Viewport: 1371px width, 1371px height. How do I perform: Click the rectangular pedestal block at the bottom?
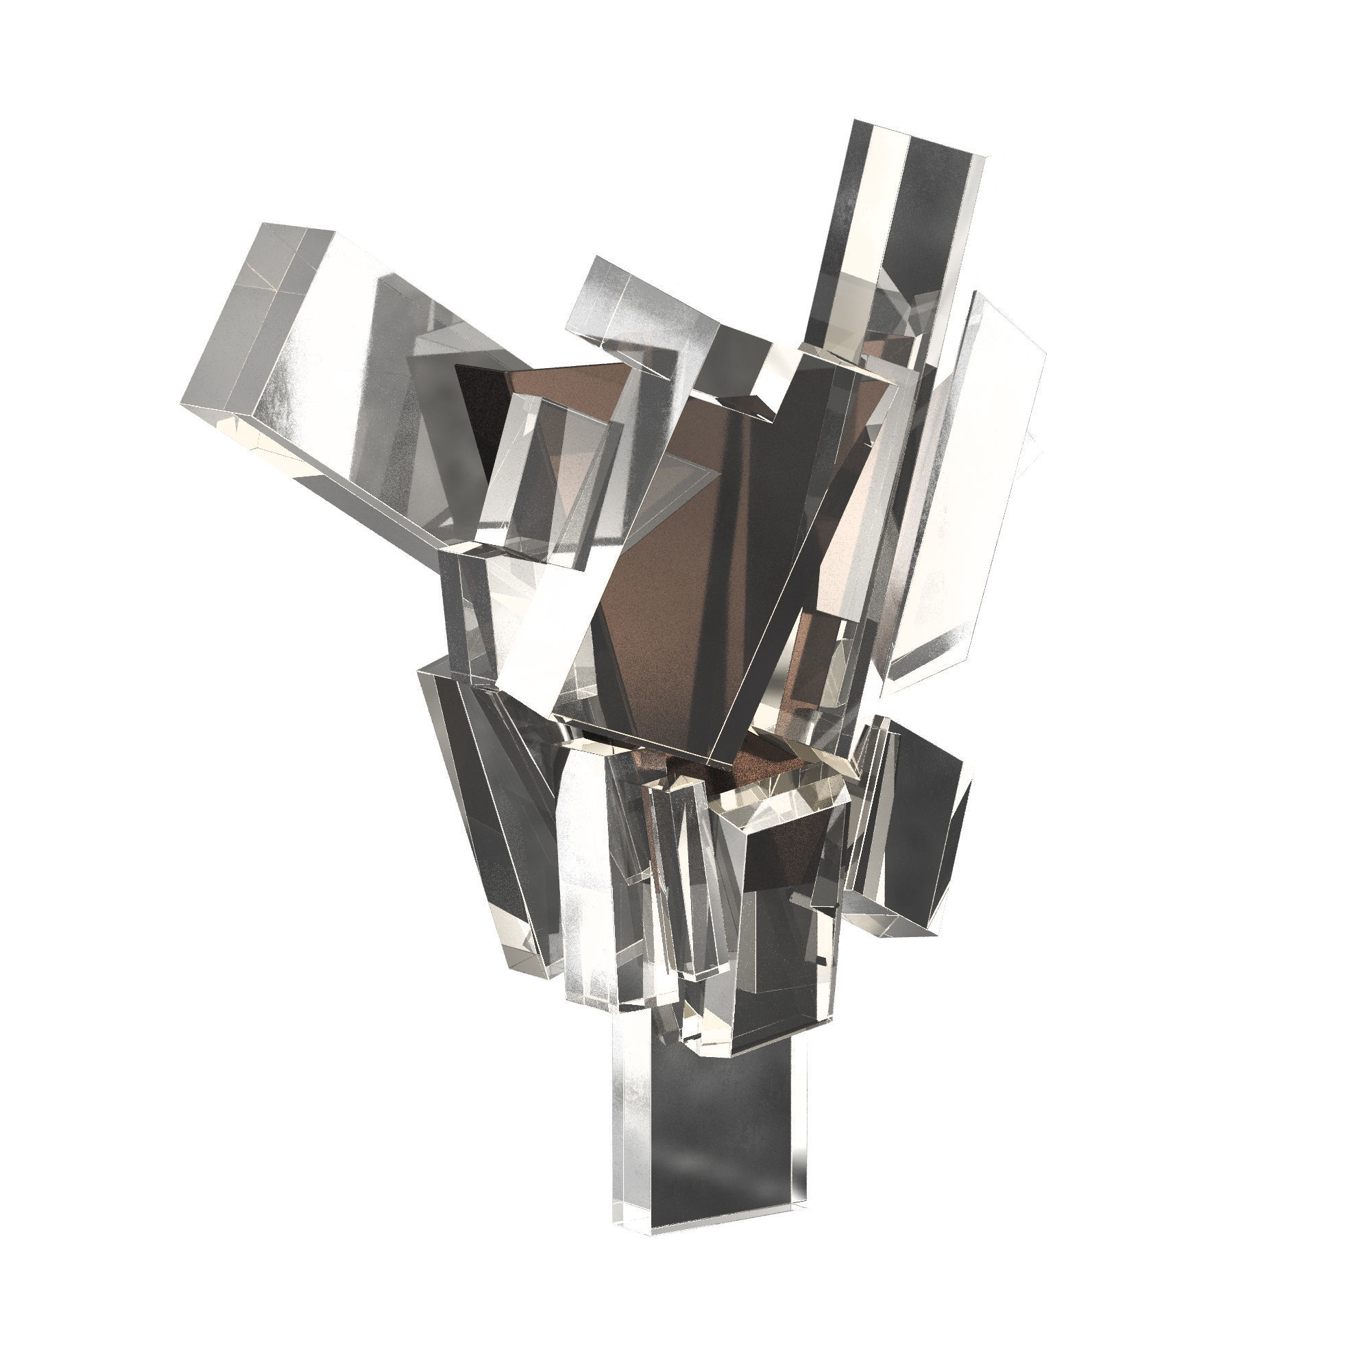pos(709,1135)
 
